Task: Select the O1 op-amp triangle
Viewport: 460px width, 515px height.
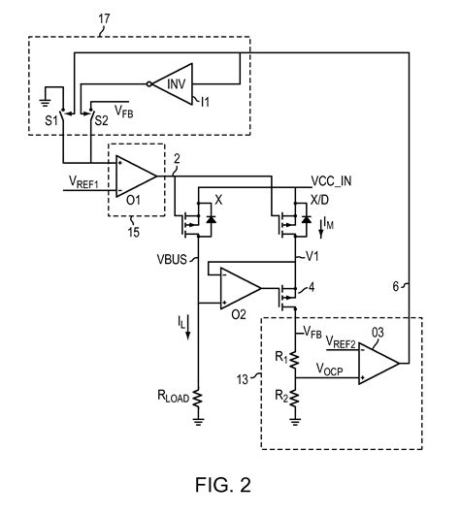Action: pyautogui.click(x=134, y=175)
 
